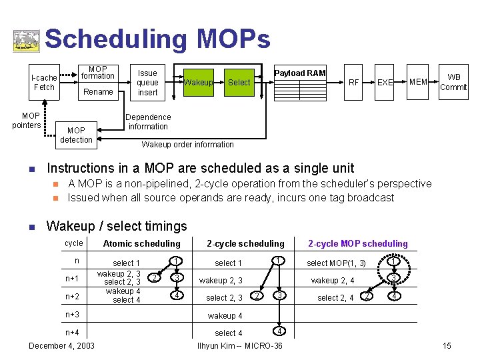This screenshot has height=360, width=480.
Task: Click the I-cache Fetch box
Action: click(44, 82)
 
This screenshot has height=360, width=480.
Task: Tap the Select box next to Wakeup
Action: click(239, 83)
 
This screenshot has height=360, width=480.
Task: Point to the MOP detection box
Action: click(76, 135)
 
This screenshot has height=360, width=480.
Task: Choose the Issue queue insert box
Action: click(147, 83)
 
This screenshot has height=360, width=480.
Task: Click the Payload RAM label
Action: click(300, 73)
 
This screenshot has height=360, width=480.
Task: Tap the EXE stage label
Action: click(385, 83)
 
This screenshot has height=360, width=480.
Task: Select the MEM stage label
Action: click(418, 82)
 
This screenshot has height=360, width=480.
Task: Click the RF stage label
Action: click(354, 83)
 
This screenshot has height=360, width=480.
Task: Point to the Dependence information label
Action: click(148, 121)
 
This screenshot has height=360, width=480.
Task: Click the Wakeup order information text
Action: click(187, 144)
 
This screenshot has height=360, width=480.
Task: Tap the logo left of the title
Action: click(26, 41)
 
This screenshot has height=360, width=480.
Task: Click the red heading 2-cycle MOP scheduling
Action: click(357, 243)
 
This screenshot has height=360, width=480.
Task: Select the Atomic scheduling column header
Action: click(141, 243)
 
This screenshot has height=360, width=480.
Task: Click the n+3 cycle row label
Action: click(72, 314)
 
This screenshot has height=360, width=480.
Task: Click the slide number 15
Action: click(447, 345)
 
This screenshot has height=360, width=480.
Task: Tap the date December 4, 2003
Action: click(62, 345)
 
